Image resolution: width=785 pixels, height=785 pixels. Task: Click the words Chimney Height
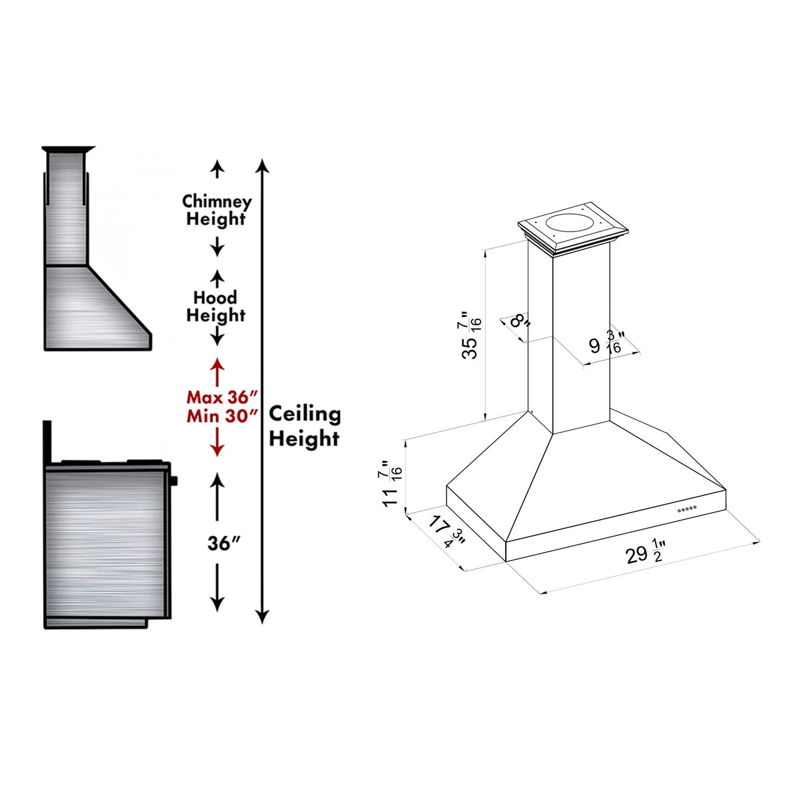217,210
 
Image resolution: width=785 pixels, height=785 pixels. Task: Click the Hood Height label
216,306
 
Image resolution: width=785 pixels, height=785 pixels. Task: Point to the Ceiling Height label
305,426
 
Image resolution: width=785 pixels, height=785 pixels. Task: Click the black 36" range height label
224,544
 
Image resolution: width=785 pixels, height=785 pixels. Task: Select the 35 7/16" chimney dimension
471,336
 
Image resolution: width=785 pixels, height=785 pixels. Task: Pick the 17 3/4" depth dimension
447,532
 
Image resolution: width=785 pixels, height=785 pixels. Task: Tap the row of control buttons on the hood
687,510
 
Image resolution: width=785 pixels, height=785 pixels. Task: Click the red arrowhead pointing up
217,363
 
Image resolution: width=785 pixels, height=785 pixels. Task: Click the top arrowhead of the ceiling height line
262,165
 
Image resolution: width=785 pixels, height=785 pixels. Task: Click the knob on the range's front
175,480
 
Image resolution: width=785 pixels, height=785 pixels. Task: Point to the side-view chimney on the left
65,207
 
